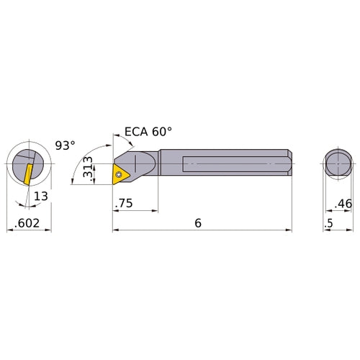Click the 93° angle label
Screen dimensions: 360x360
[x=65, y=145]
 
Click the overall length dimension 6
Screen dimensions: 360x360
[x=197, y=223]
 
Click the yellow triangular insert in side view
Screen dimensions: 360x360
[x=121, y=173]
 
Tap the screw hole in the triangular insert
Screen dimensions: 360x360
[x=120, y=173]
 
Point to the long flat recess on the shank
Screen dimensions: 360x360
[x=230, y=164]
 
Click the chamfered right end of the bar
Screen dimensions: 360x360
[x=289, y=164]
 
